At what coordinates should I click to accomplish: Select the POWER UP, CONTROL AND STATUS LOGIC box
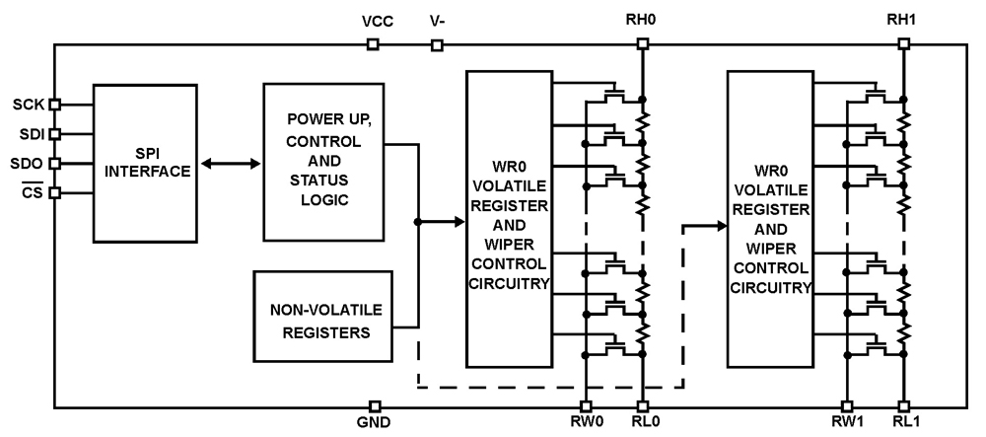(x=322, y=161)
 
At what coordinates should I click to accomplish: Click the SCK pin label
(x=25, y=104)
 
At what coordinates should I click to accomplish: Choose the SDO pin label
(x=25, y=163)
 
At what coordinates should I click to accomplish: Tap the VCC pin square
(x=373, y=43)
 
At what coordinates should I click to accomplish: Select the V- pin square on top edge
(x=437, y=43)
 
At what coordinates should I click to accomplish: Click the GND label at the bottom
(x=375, y=424)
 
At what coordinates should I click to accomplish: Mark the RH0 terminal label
(x=642, y=20)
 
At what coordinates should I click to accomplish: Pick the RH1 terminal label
(x=903, y=20)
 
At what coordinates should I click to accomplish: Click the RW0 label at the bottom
(x=586, y=425)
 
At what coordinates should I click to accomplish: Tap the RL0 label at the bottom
(x=643, y=425)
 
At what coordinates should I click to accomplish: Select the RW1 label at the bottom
(x=846, y=425)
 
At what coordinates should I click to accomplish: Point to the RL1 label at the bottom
(x=903, y=425)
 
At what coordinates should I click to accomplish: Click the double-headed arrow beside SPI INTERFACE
(x=228, y=163)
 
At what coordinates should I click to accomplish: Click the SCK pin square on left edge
(x=54, y=104)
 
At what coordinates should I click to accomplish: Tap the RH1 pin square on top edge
(x=903, y=43)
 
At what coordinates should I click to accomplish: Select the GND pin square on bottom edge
(x=375, y=405)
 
